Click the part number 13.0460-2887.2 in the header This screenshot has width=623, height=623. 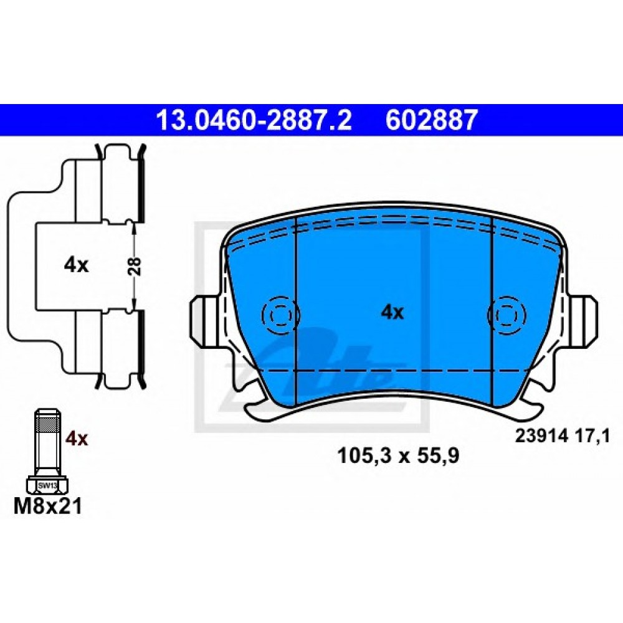pos(254,120)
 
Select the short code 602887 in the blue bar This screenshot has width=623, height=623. pos(430,120)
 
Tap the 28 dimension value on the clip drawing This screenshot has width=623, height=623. pos(135,266)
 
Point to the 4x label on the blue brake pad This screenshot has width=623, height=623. pos(392,313)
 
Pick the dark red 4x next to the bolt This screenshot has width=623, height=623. pos(76,439)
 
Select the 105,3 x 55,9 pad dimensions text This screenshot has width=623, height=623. pos(398,456)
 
